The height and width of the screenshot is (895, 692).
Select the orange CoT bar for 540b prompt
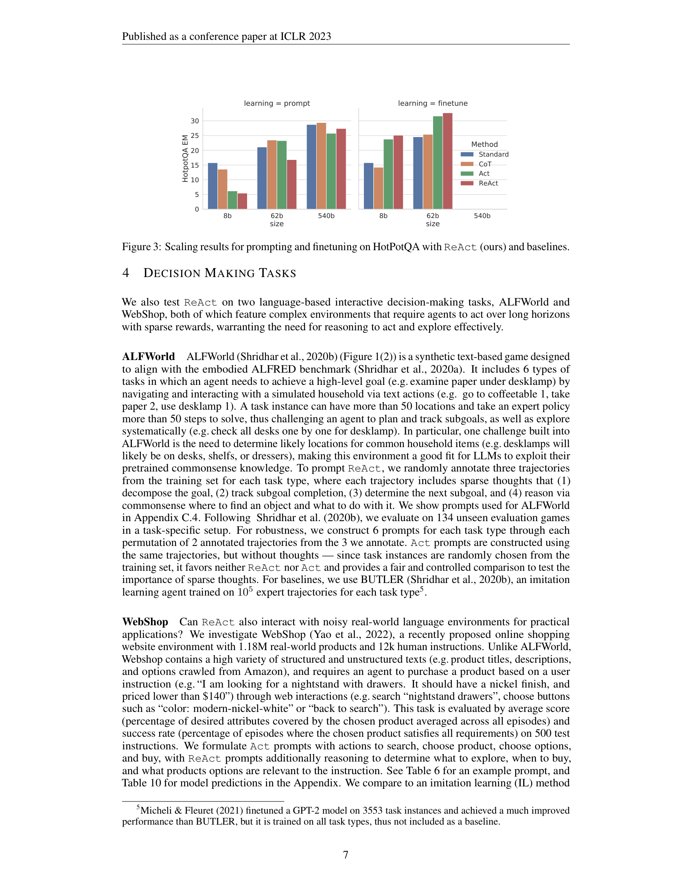[x=322, y=166]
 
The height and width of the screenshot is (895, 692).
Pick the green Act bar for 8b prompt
[x=232, y=200]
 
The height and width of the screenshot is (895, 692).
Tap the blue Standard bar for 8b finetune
[x=368, y=186]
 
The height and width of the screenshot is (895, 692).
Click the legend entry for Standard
[x=493, y=155]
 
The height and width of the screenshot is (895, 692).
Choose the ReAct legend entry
[x=488, y=183]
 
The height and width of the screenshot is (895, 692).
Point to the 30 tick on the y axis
[x=195, y=121]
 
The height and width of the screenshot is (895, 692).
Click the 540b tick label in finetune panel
[x=482, y=216]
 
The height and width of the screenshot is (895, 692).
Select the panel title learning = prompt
[x=277, y=103]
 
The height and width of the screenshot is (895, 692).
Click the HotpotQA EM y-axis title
[x=185, y=159]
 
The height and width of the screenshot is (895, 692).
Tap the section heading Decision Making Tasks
[x=219, y=273]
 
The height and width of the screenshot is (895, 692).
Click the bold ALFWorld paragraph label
[x=149, y=356]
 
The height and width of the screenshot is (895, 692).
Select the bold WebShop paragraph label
[x=145, y=622]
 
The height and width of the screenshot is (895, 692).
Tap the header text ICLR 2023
[x=305, y=37]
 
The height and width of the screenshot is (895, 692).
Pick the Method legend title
[x=484, y=144]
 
